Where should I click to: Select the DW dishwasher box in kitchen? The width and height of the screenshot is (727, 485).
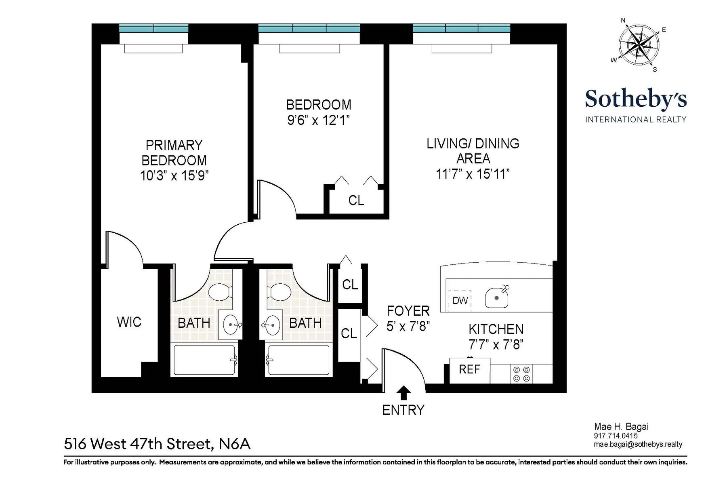coord(460,300)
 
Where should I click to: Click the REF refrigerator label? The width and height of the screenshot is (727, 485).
coord(469,369)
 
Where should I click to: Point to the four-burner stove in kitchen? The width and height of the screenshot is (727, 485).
coord(521,374)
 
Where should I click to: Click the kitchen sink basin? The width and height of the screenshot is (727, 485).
coord(497,298)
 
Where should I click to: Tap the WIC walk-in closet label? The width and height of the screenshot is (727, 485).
coord(129,322)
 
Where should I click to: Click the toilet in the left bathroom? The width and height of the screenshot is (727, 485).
coord(219,292)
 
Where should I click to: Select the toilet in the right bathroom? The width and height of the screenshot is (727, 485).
coord(279,292)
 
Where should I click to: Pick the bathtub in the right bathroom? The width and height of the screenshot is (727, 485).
coord(299,360)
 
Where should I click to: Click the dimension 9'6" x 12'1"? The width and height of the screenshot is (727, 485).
coord(318,120)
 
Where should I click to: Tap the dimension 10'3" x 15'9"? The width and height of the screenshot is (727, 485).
coord(174,176)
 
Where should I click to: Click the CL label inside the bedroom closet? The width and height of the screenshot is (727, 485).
coord(356,200)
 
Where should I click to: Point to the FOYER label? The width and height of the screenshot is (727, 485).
coord(408,311)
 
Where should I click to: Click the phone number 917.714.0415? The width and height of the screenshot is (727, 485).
coord(616,436)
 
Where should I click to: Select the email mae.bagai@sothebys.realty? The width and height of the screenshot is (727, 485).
coord(638,444)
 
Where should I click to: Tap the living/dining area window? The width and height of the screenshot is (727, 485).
coord(461,28)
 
